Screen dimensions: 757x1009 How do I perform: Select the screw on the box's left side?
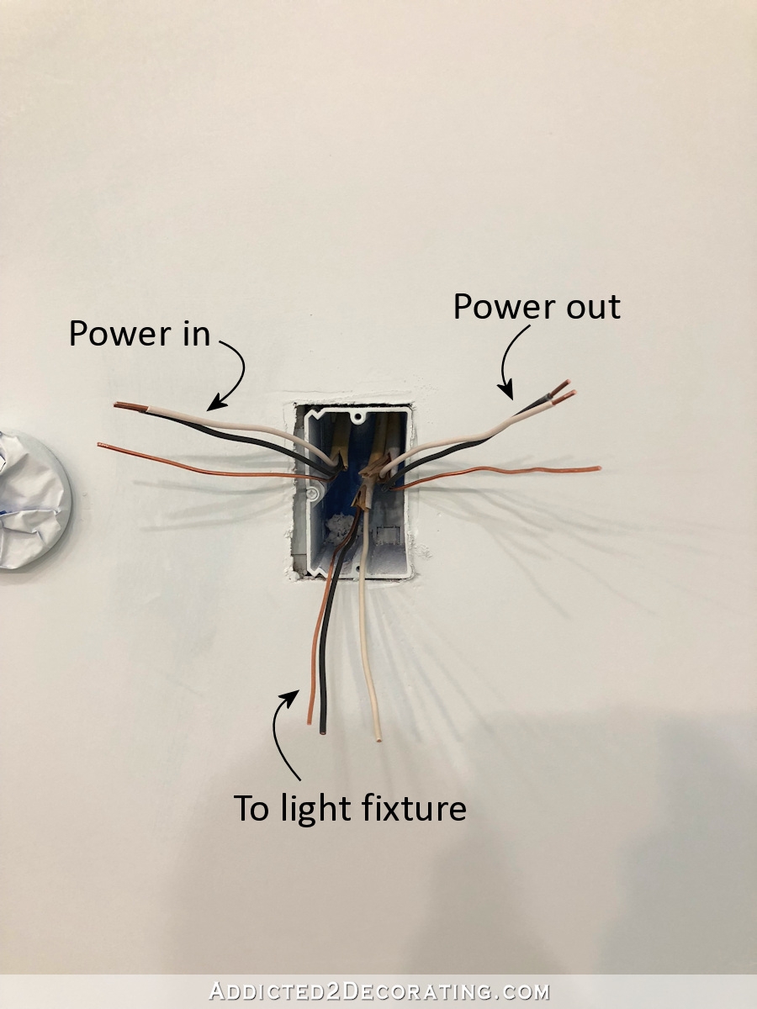[x=312, y=494]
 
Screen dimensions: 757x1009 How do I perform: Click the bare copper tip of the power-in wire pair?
[x=130, y=406]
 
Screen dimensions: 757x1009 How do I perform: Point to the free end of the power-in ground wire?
[x=99, y=445]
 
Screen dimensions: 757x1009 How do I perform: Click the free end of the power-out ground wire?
[x=598, y=468]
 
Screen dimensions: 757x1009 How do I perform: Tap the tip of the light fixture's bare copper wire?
[x=310, y=721]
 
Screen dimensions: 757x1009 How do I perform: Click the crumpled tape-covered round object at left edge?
[x=32, y=500]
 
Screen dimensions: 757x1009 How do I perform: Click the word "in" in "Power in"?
[x=195, y=334]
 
